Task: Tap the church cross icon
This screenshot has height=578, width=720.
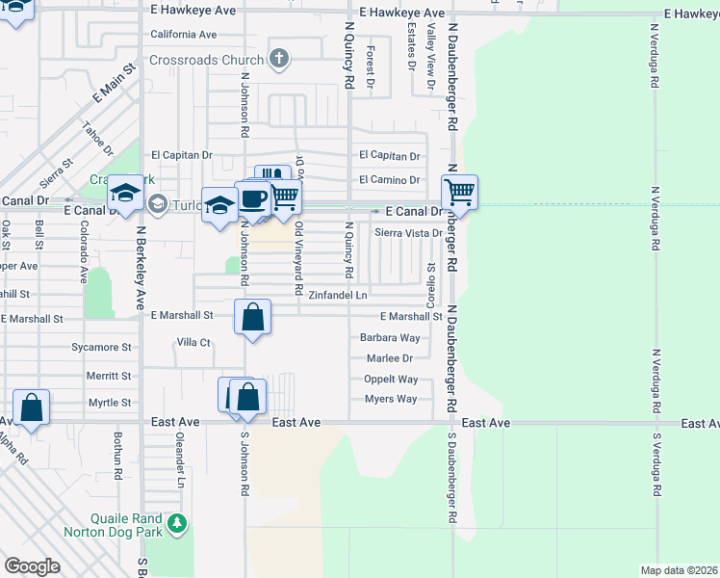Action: click(x=279, y=59)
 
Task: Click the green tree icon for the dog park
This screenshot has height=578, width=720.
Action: click(x=176, y=524)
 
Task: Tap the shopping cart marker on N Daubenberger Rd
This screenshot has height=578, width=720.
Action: click(x=460, y=193)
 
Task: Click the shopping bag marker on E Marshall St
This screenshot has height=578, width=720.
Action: click(x=252, y=317)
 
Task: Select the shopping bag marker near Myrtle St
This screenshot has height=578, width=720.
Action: click(x=31, y=407)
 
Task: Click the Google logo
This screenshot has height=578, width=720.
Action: click(x=31, y=566)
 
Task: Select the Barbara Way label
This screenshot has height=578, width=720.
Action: click(x=390, y=338)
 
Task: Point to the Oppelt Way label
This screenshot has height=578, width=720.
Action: click(x=391, y=380)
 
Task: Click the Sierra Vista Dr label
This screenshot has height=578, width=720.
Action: click(x=408, y=233)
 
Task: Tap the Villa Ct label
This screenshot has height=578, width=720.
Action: click(x=193, y=342)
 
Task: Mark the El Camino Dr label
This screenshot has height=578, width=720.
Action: click(x=390, y=180)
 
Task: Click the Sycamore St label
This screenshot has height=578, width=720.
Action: click(x=101, y=347)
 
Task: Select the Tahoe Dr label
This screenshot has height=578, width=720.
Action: click(x=98, y=142)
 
